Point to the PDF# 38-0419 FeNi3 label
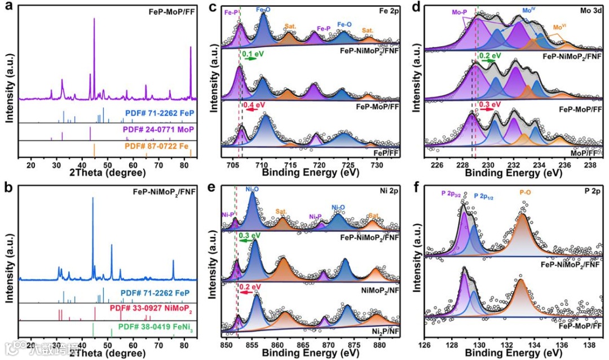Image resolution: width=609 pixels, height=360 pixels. click(x=160, y=326)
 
